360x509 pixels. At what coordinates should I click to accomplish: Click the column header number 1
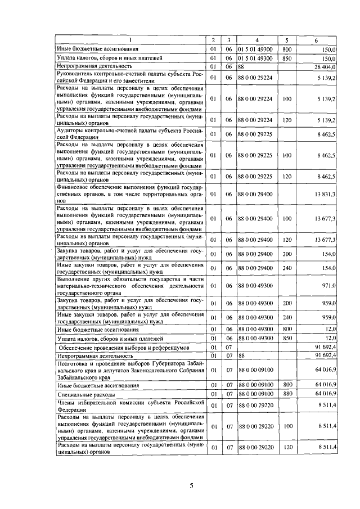pos(130,40)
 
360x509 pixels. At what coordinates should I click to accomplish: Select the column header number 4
pos(256,40)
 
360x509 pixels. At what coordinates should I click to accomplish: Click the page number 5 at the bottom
pos(191,486)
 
